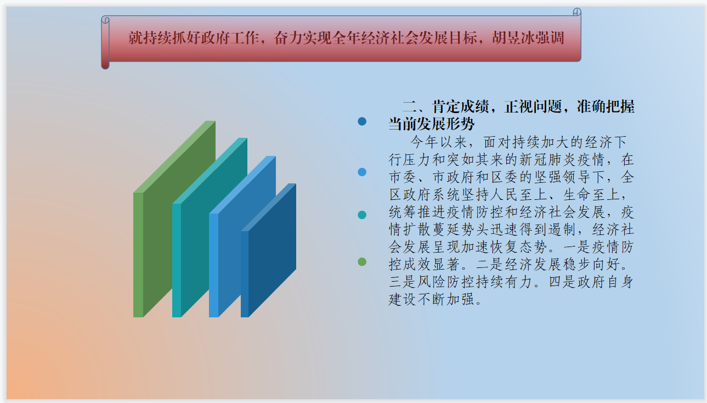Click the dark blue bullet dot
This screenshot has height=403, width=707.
tap(362, 121)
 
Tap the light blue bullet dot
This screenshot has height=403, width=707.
tap(362, 172)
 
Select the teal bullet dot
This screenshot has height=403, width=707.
tap(362, 215)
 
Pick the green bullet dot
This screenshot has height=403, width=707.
tap(362, 262)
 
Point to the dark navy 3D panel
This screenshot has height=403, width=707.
tap(268, 253)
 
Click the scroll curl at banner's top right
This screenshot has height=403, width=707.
tap(577, 12)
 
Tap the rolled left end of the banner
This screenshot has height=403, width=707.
tap(105, 43)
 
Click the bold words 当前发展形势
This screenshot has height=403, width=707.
tap(432, 124)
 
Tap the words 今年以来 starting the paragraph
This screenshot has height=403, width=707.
tap(439, 142)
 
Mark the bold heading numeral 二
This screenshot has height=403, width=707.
tap(410, 107)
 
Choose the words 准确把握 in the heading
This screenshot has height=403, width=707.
tap(606, 107)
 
